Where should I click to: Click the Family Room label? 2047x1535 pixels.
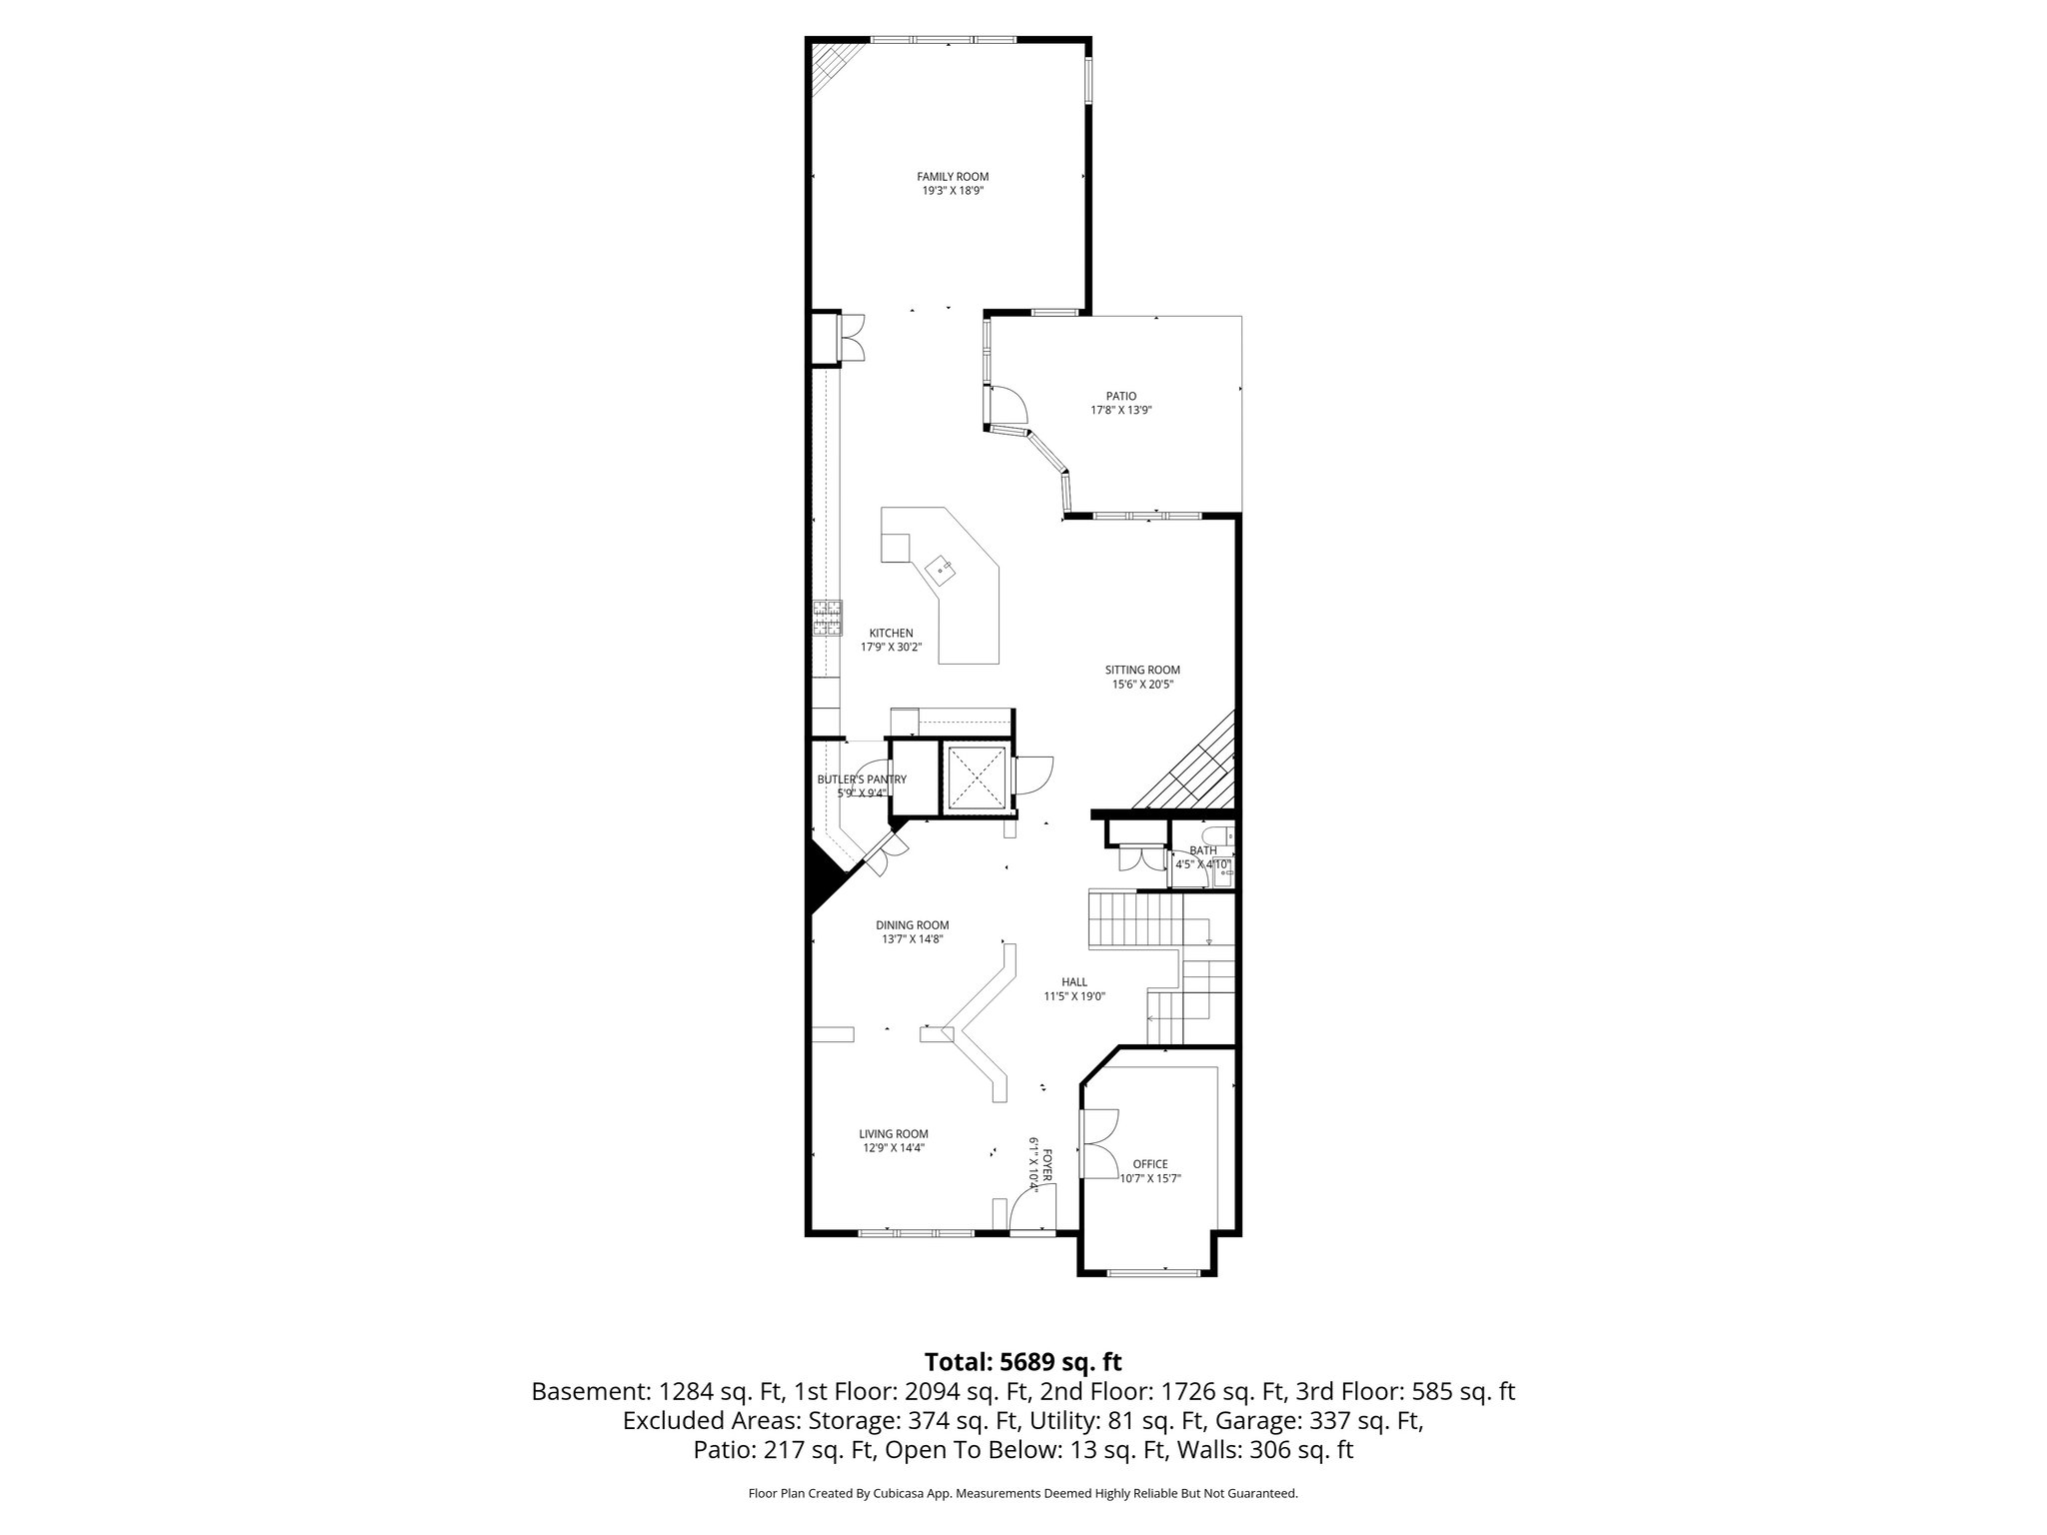(953, 177)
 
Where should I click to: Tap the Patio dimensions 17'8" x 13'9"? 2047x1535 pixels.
(1120, 410)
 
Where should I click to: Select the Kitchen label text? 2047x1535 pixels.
(891, 633)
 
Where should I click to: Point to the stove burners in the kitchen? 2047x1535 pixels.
(827, 618)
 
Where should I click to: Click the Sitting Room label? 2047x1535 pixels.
(1142, 670)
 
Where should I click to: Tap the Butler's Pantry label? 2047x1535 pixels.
(862, 779)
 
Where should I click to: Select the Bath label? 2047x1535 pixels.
(1202, 850)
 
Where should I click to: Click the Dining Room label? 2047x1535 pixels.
(912, 925)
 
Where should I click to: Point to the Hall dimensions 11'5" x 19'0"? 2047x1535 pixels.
(1074, 996)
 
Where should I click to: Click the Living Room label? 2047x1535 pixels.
(894, 1133)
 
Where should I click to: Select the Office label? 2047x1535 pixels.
(1149, 1164)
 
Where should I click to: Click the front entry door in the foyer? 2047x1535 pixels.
(1029, 1213)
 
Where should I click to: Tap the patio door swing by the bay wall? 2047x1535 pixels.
(1010, 404)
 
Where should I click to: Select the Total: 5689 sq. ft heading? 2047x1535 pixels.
(1023, 1362)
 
